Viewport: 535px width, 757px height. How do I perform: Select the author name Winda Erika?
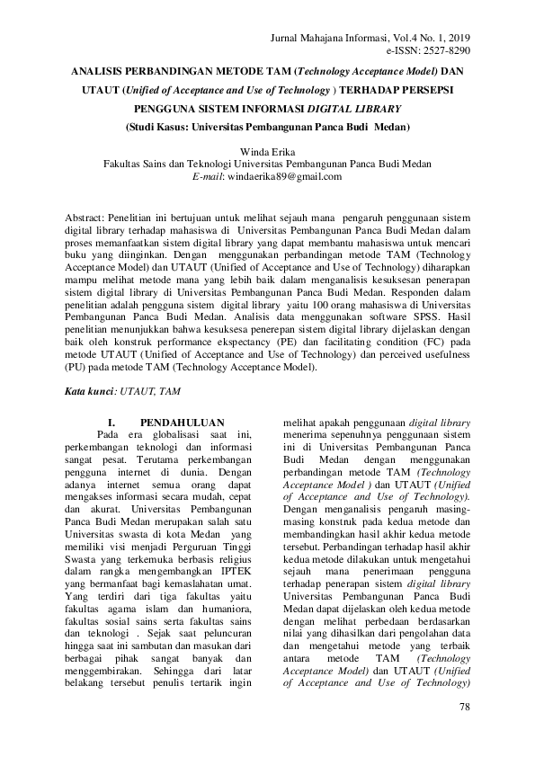(267, 152)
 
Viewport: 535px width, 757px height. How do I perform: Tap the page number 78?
(464, 708)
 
